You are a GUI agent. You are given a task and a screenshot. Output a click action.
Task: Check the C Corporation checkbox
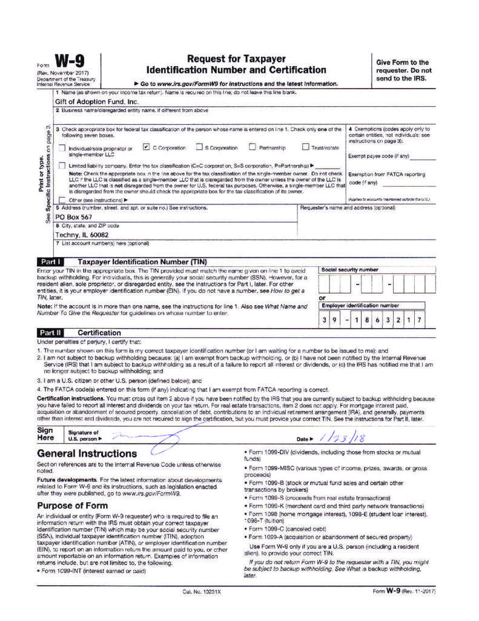pyautogui.click(x=146, y=147)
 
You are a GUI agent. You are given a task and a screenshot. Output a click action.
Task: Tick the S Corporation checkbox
pyautogui.click(x=199, y=147)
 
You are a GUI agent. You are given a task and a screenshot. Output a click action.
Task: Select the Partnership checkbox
pyautogui.click(x=253, y=147)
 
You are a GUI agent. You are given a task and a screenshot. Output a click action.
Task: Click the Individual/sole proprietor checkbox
pyautogui.click(x=63, y=149)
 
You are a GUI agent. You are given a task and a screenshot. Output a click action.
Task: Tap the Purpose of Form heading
pyautogui.click(x=73, y=505)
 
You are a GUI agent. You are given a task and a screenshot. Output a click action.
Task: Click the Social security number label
pyautogui.click(x=350, y=269)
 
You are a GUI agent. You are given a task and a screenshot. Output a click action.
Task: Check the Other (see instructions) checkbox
pyautogui.click(x=63, y=200)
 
